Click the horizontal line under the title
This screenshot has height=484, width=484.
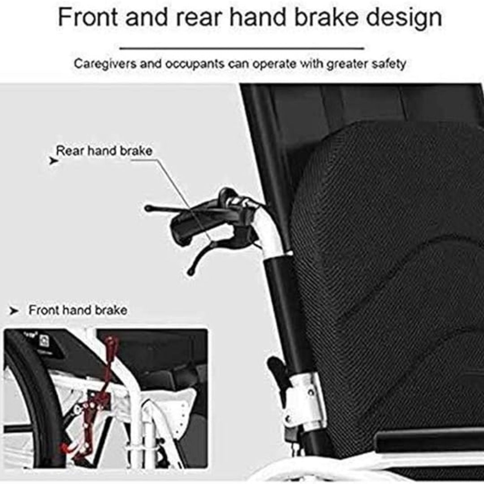[242, 48]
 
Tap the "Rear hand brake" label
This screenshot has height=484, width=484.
[104, 151]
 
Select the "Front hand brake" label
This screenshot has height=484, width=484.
[78, 310]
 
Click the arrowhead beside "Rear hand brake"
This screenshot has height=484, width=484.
[53, 161]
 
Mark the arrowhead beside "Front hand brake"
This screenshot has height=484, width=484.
[14, 311]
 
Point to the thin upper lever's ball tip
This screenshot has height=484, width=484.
[148, 208]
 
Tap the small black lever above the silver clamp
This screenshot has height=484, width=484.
[277, 370]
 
